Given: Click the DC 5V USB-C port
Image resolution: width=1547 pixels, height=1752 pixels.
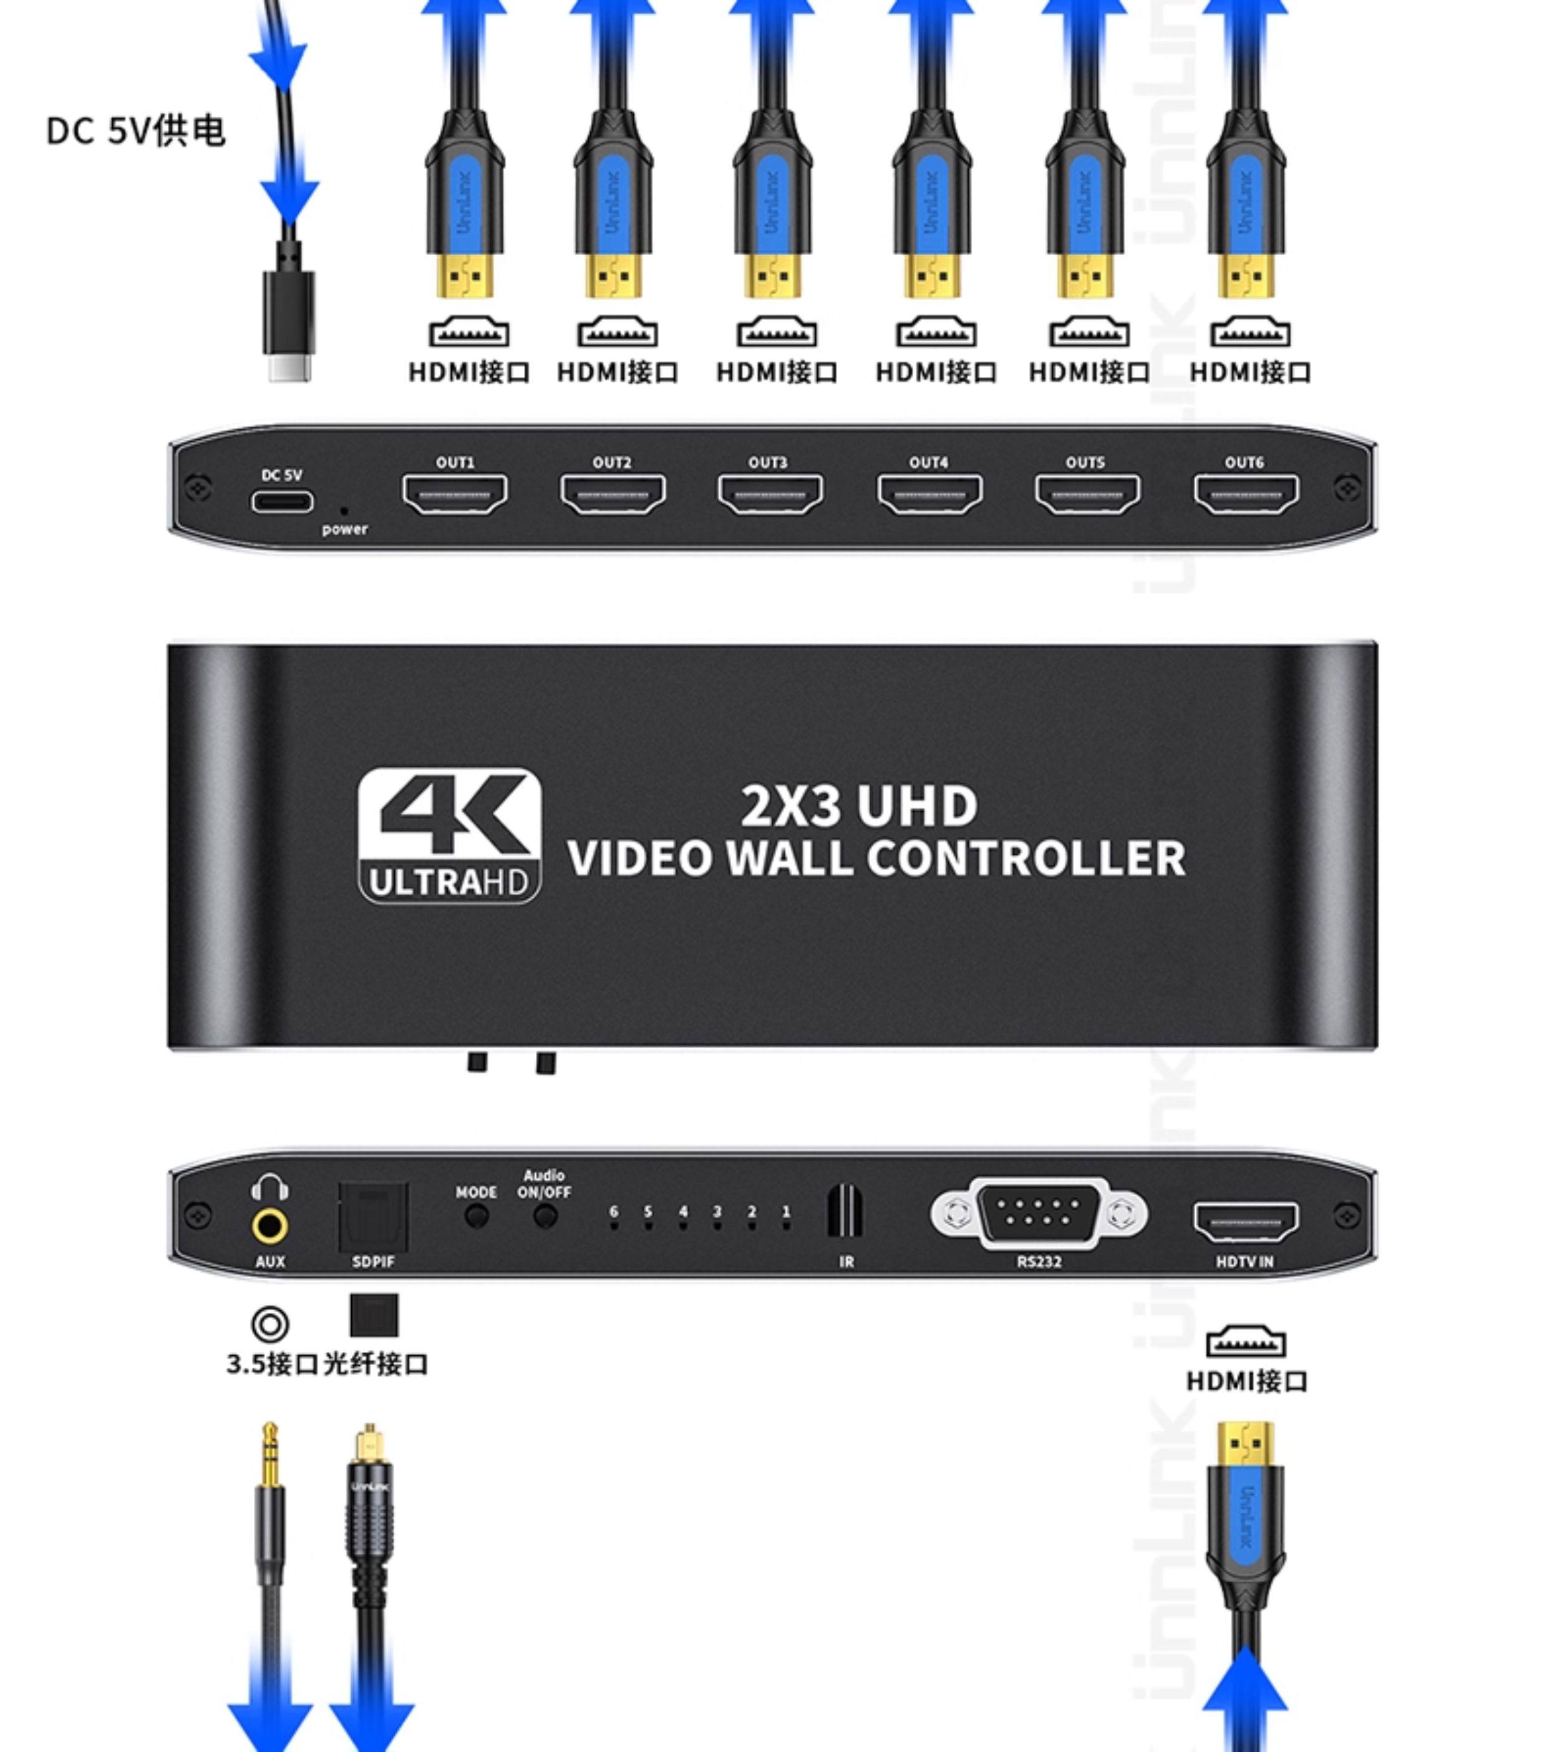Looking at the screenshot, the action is (282, 502).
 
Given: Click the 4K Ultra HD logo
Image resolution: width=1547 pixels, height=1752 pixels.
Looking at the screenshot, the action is (450, 835).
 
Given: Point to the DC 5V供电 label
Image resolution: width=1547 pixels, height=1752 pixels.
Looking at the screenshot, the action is (135, 131).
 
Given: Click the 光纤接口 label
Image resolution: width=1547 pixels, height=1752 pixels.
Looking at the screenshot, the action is (376, 1363).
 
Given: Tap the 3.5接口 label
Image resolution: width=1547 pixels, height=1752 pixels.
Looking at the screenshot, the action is (272, 1363).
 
